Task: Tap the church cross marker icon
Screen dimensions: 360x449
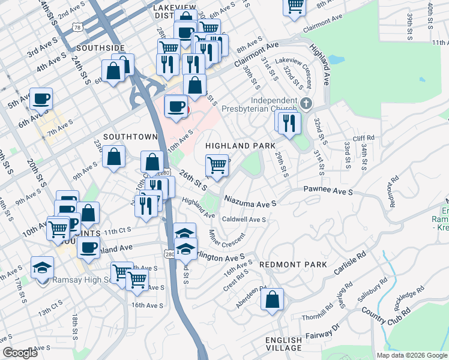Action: (x=307, y=103)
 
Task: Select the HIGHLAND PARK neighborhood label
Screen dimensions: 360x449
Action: (x=240, y=146)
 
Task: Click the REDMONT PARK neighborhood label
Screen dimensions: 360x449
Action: (x=293, y=265)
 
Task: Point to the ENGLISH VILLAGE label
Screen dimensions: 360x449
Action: (x=284, y=344)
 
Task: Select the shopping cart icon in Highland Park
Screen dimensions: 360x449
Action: (x=217, y=164)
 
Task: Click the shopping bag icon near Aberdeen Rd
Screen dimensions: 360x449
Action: (x=272, y=299)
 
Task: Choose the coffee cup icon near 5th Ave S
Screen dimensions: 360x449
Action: (x=41, y=98)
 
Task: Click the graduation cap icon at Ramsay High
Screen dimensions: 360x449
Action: (x=43, y=266)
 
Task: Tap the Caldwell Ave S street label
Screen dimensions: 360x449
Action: (x=244, y=220)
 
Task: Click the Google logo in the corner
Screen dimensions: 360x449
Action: (x=19, y=353)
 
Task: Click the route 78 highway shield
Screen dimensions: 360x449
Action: (x=76, y=28)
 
